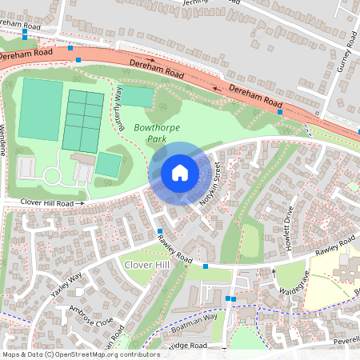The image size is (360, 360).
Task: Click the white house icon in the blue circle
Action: (x=180, y=173)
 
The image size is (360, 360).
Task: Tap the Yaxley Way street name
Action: (x=67, y=286)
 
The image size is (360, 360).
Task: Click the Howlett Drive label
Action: (x=290, y=229)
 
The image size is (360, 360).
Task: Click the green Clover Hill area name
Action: (x=145, y=264)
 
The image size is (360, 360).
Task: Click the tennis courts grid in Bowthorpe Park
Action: (x=83, y=120)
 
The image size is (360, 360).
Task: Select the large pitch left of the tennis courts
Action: (x=40, y=110)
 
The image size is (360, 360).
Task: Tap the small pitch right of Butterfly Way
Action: (x=137, y=97)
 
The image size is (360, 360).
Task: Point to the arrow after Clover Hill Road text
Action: (x=80, y=204)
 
